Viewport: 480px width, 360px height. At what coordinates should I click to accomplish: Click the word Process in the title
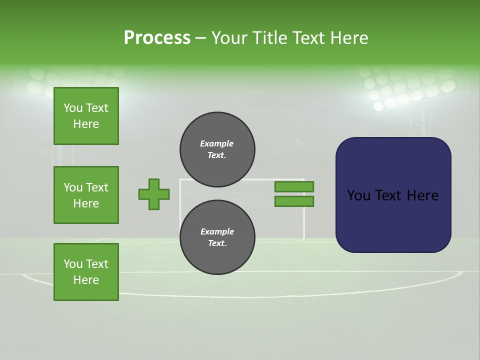[x=157, y=38]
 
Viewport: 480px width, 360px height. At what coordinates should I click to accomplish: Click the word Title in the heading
[x=269, y=38]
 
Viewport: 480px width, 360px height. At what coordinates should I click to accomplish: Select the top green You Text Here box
[x=86, y=116]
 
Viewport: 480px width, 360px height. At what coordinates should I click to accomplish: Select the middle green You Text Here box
[x=86, y=195]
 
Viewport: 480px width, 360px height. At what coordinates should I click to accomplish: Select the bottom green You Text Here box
[x=86, y=272]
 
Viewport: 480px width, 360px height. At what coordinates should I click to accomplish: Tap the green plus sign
[x=154, y=194]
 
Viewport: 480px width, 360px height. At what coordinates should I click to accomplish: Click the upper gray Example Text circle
[x=217, y=149]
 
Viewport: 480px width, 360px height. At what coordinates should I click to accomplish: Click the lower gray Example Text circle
[x=217, y=237]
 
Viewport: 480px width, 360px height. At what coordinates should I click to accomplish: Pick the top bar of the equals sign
[x=294, y=186]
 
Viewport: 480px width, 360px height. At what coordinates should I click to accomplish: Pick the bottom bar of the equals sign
[x=294, y=201]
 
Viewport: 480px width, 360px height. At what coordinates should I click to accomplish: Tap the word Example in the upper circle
[x=217, y=143]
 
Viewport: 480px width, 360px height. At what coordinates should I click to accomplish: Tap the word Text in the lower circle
[x=217, y=243]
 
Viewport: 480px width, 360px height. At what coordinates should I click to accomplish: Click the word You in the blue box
[x=358, y=195]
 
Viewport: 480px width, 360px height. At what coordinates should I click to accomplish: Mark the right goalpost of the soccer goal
[x=303, y=210]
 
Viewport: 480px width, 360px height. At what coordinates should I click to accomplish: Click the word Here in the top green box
[x=86, y=124]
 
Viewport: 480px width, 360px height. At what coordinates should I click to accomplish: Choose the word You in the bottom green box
[x=73, y=264]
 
